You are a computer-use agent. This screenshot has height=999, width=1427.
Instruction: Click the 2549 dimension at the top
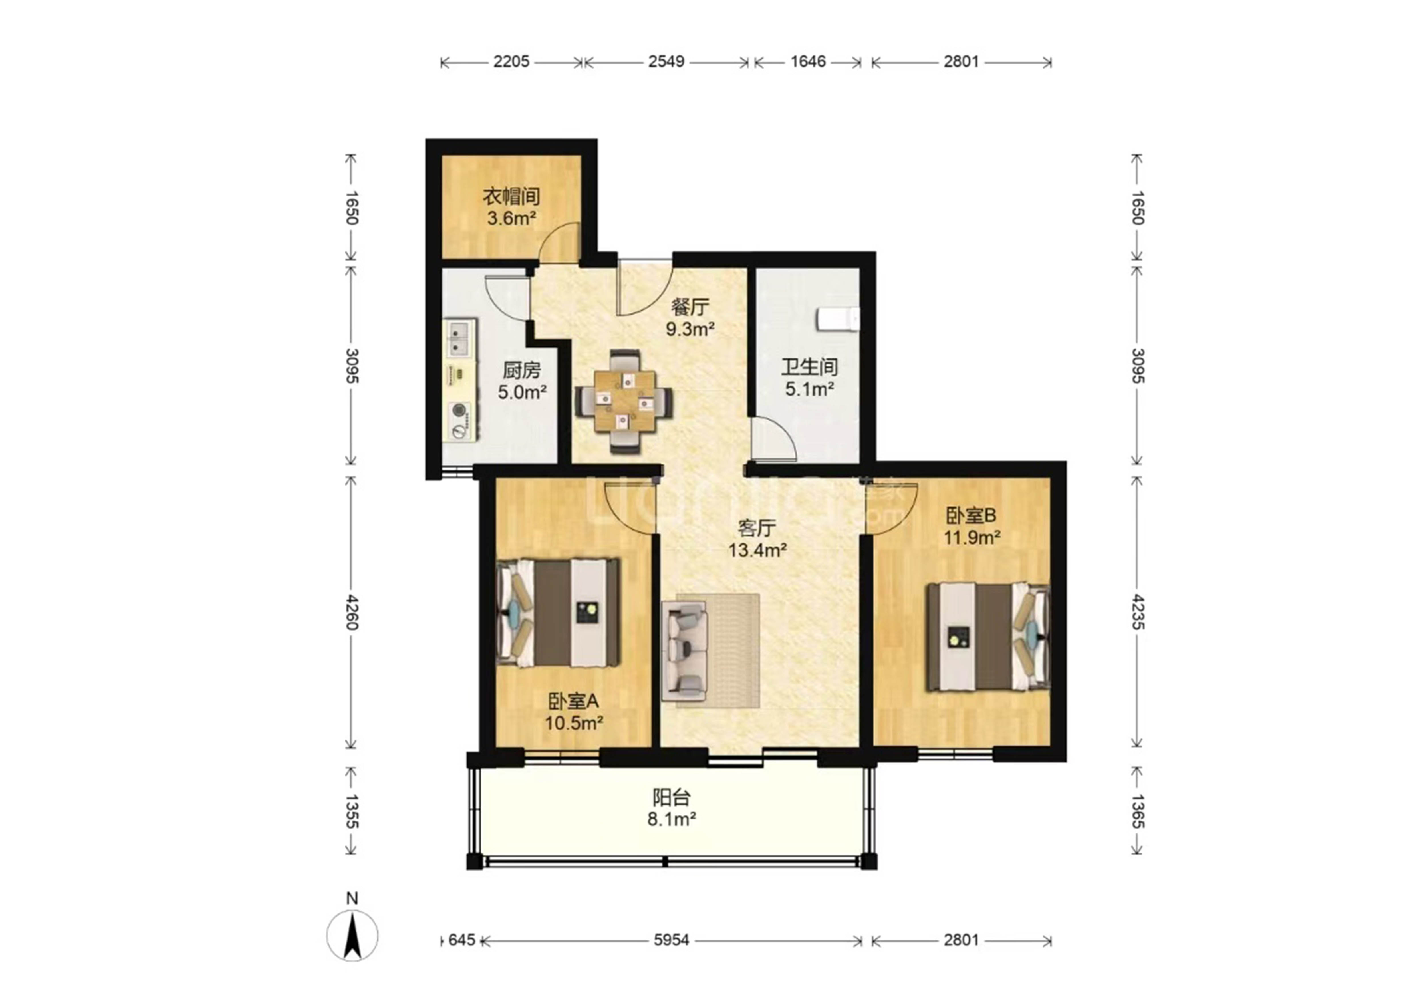tap(666, 62)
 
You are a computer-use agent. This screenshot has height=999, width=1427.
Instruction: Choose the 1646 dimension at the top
tap(808, 62)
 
